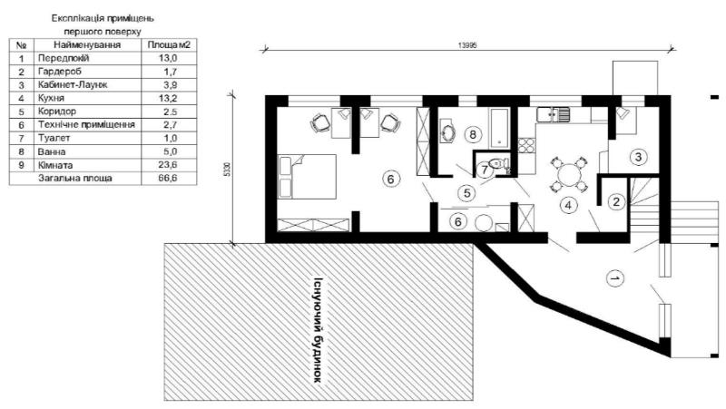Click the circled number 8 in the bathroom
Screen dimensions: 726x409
coord(472,134)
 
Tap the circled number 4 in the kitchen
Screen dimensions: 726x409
coord(568,206)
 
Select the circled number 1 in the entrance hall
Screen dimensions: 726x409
coord(615,278)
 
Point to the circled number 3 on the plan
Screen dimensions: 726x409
coord(639,157)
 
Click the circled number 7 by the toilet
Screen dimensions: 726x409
coord(485,170)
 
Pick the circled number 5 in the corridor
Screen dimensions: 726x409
coord(466,193)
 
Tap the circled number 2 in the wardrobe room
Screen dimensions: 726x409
coord(616,201)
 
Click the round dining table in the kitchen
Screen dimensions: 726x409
coord(569,175)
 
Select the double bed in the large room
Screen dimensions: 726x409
coord(307,177)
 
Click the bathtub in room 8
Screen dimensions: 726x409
coord(500,128)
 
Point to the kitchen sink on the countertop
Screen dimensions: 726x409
coord(554,114)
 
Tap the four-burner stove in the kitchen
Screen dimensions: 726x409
coord(526,146)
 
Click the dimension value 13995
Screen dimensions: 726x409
coord(467,45)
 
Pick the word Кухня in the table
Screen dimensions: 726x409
coord(52,98)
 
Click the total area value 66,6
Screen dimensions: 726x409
coord(168,178)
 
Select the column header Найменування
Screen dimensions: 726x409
coord(87,44)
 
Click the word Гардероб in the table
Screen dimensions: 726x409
coord(60,72)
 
